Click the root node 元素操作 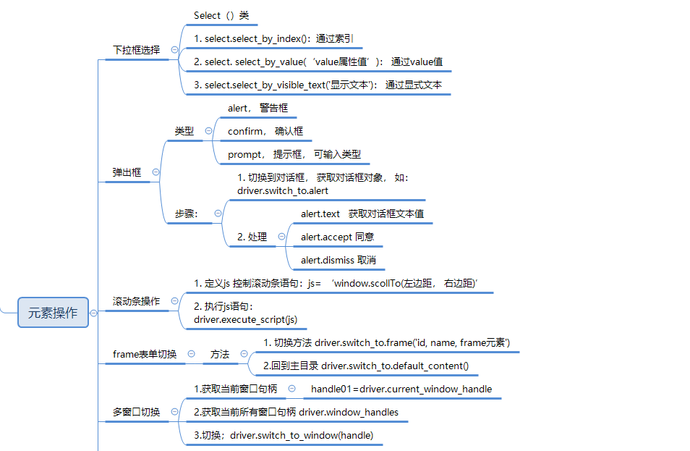(53, 313)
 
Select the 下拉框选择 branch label (136, 50)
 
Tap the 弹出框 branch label (127, 172)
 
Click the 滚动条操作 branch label (136, 301)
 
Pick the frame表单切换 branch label (145, 354)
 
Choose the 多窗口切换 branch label (136, 412)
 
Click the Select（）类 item (221, 15)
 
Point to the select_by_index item (273, 38)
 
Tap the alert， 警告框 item (257, 108)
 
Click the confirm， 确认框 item (265, 131)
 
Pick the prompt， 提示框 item (294, 154)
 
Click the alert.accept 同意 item (337, 237)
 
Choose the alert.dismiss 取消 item (338, 260)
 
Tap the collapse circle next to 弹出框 (156, 172)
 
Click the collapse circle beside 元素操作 (93, 313)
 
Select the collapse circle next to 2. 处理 (281, 237)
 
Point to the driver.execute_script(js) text (245, 319)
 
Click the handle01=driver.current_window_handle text (401, 389)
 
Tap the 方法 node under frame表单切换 (220, 354)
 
